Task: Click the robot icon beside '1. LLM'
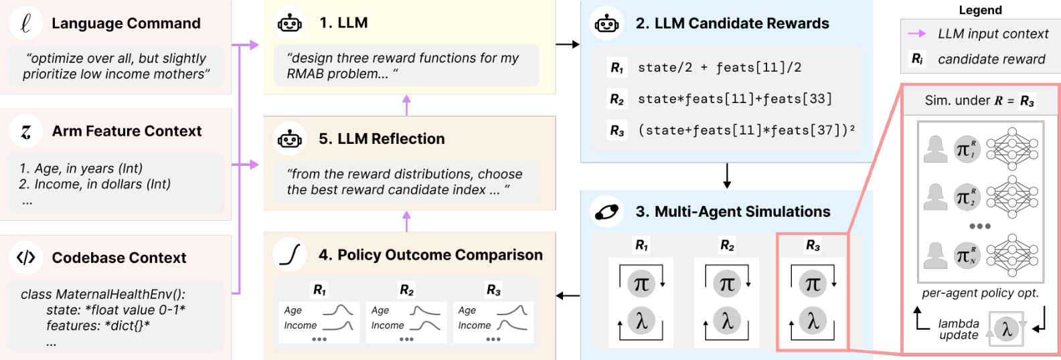point(289,22)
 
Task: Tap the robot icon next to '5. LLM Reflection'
point(289,139)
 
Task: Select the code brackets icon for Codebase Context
point(25,257)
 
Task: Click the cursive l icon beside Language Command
point(25,23)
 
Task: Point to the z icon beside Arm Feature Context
point(25,131)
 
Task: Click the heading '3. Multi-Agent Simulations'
point(733,211)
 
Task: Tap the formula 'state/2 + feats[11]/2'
point(720,68)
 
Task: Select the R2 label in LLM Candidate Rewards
point(617,99)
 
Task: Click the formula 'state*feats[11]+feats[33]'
point(734,98)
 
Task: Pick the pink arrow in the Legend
point(917,33)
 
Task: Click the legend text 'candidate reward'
point(991,59)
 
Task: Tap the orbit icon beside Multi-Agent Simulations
point(606,211)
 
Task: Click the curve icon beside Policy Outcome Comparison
point(290,255)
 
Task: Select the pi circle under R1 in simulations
point(641,283)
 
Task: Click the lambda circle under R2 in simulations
point(727,321)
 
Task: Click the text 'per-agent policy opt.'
point(980,293)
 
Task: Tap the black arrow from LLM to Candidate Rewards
point(568,45)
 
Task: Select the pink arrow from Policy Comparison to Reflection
point(406,221)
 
